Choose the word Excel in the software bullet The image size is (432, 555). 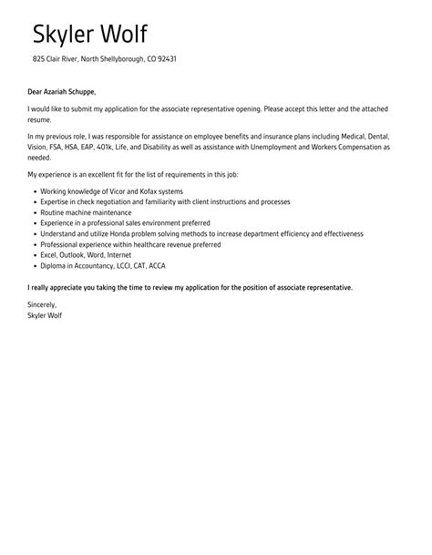[49, 254]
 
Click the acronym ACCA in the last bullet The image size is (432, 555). [157, 265]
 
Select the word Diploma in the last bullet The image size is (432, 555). [54, 265]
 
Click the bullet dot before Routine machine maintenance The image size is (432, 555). [34, 212]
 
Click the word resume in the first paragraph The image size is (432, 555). [40, 118]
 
